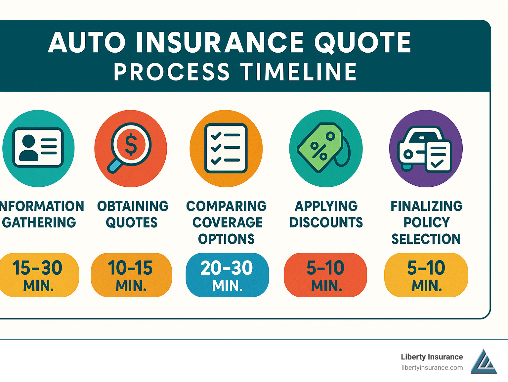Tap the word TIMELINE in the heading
coord(298,72)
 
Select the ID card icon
coord(38,148)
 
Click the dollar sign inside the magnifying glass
coord(131,145)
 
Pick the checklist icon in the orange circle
coord(226,148)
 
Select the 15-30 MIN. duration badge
coord(38,275)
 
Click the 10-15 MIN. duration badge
coord(131,275)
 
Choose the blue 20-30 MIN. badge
coord(227,275)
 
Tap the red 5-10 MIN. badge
coord(325,275)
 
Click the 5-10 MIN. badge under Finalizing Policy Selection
coord(426,275)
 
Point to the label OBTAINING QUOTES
coord(132,214)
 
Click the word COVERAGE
coord(228,222)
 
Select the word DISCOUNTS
coord(326,222)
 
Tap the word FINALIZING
coord(426,206)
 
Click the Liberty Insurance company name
coord(432,357)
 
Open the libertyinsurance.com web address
coord(432,367)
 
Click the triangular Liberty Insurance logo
coord(484,362)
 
